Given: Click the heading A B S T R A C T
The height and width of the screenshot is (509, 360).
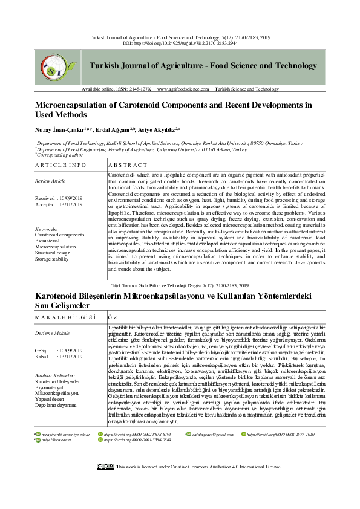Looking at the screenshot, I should point(128,165).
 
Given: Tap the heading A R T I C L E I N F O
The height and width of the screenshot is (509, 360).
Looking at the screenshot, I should point(61,165).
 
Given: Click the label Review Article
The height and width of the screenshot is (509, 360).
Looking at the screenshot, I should point(50,181).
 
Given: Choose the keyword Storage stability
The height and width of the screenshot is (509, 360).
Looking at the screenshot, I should point(53,259).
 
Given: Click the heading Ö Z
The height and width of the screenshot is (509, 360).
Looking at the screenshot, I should point(111,317).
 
